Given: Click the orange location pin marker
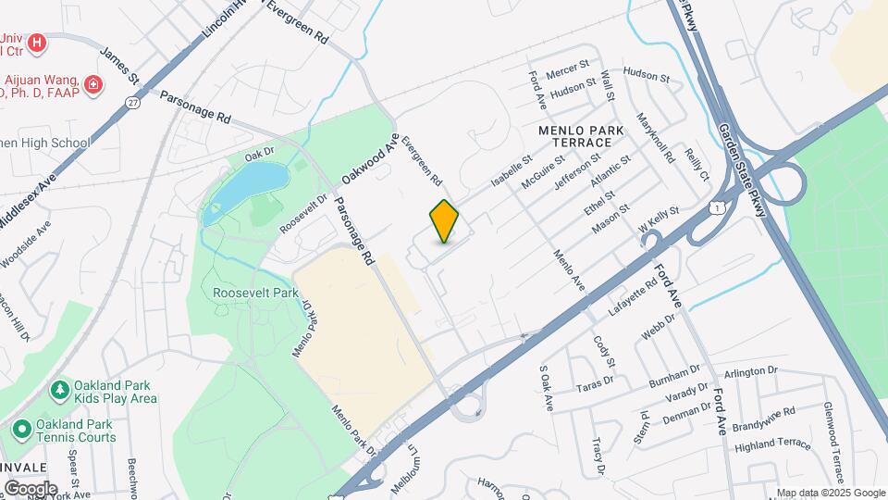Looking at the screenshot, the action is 445,221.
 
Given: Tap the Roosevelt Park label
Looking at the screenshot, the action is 255,293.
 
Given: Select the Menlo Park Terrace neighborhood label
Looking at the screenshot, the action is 583,135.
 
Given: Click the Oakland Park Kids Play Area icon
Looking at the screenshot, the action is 60,390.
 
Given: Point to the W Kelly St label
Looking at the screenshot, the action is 659,220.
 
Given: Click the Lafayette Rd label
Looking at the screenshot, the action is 632,290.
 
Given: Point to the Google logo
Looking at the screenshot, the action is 31,488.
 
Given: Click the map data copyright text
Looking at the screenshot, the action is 830,493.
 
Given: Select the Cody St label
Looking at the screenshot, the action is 604,350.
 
